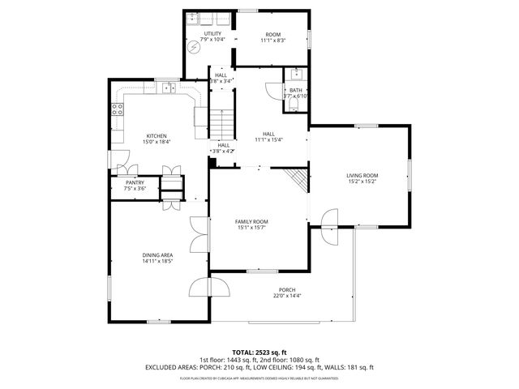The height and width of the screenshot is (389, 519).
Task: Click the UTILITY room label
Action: (201, 34)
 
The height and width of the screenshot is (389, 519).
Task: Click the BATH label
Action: (295, 90)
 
